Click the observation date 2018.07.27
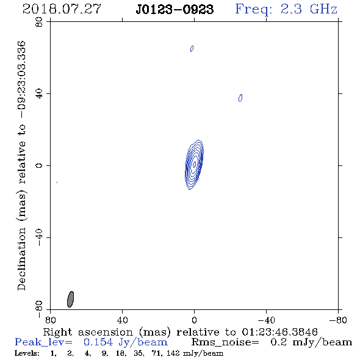point(62,9)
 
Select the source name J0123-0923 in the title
point(175,9)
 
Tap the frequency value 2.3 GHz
point(309,9)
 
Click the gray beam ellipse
point(71,299)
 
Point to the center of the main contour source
point(194,165)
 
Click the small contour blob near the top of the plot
point(192,48)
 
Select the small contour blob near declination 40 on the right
point(240,98)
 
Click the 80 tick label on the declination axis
point(39,22)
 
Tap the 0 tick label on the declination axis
point(39,165)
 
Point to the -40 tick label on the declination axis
point(39,237)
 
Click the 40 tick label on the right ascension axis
point(122,320)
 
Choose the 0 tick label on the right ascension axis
point(194,320)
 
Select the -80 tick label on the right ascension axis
point(338,320)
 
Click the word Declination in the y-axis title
point(21,259)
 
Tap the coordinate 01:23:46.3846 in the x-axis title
point(279,332)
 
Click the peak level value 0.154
point(98,342)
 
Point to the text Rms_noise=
point(225,342)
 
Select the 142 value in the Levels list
point(173,353)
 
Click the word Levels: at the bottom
point(27,353)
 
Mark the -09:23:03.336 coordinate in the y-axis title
point(22,79)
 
